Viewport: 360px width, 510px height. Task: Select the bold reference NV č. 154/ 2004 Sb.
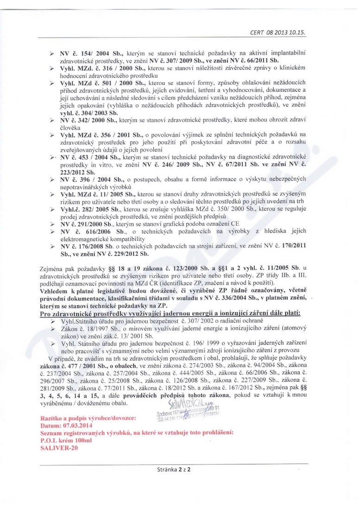[84, 53]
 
